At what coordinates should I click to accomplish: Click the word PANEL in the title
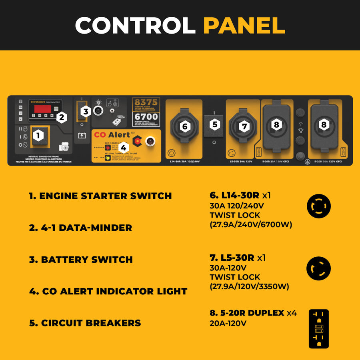point(244,25)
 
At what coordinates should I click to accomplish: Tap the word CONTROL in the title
point(135,25)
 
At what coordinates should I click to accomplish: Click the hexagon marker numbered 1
point(38,136)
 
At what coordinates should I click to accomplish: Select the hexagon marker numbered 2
point(61,117)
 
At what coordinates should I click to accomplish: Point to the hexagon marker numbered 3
point(84,112)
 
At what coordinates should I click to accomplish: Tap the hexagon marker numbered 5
point(215,124)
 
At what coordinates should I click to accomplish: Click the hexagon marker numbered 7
point(245,126)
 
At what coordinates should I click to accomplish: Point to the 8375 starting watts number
point(146,102)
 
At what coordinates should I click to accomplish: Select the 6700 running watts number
point(146,117)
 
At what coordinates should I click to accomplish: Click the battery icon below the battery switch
point(82,136)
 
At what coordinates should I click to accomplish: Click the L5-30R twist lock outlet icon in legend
point(319,268)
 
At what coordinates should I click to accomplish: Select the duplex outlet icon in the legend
point(319,329)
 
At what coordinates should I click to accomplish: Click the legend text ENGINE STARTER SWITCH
point(100,196)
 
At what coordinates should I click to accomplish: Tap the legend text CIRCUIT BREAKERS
point(85,323)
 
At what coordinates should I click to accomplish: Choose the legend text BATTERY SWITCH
point(81,259)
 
